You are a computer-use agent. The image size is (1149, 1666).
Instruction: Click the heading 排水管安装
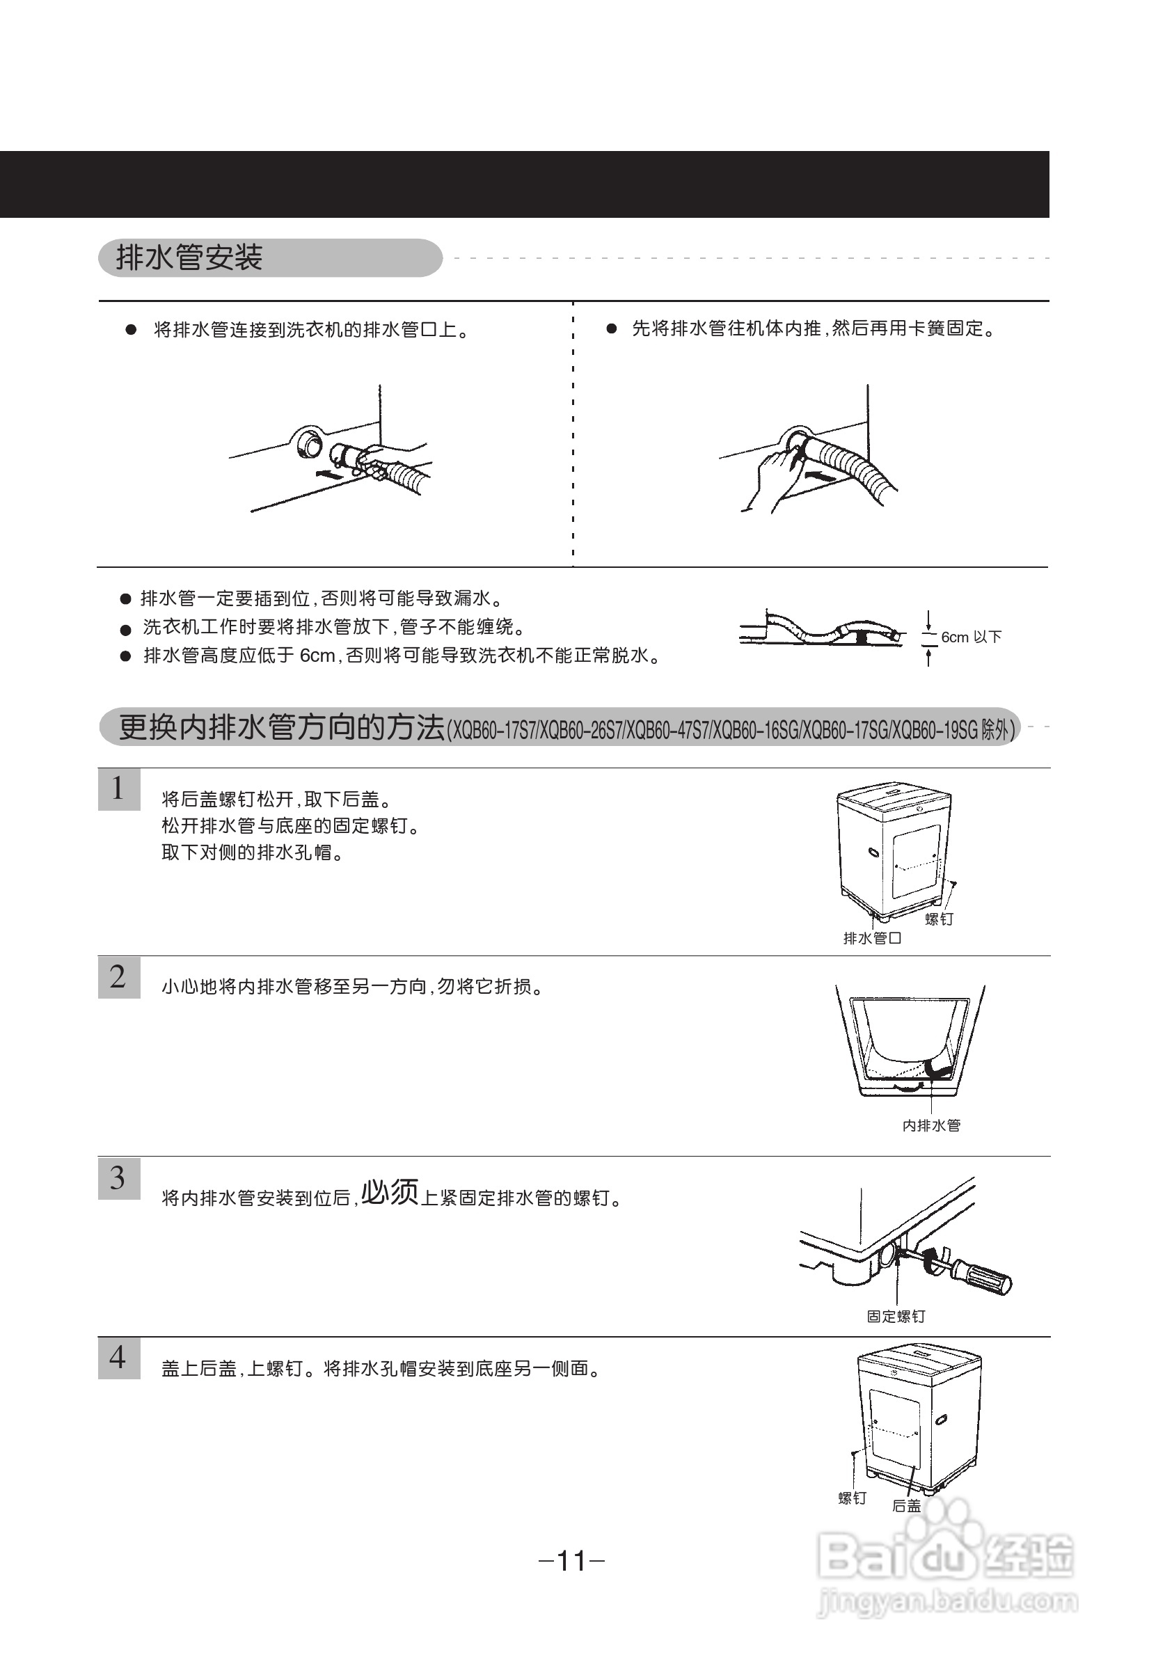click(x=189, y=257)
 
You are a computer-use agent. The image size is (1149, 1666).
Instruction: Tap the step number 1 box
click(x=119, y=789)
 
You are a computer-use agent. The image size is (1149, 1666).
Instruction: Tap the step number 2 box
click(x=119, y=977)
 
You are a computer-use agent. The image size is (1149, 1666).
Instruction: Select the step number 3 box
click(x=119, y=1178)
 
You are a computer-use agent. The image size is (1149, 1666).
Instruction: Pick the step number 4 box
click(x=119, y=1358)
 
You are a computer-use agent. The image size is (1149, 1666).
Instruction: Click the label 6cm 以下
click(x=970, y=637)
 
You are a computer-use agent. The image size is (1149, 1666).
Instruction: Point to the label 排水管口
click(x=872, y=938)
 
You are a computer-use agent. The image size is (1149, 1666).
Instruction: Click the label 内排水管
click(x=931, y=1125)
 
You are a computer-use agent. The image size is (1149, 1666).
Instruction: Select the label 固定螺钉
click(x=896, y=1316)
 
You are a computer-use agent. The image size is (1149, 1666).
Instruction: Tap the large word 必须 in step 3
click(x=390, y=1192)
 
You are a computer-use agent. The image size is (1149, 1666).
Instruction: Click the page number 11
click(x=571, y=1561)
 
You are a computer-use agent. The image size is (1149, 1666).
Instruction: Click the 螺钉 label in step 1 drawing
click(x=938, y=919)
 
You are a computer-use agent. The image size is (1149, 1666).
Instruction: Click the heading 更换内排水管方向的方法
click(x=281, y=728)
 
